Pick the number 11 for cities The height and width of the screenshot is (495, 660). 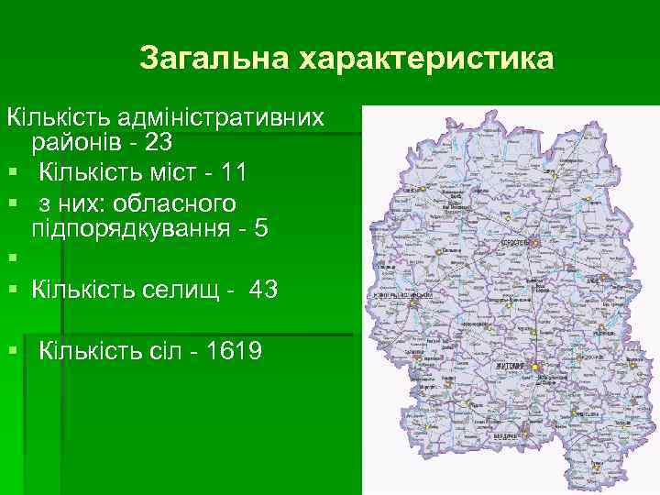click(x=235, y=172)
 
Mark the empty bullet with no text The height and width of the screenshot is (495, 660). click(x=11, y=261)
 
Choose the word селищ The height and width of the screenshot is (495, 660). click(x=196, y=290)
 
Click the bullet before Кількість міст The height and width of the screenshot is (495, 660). click(x=11, y=173)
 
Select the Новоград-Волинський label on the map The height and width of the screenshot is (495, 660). click(x=402, y=296)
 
